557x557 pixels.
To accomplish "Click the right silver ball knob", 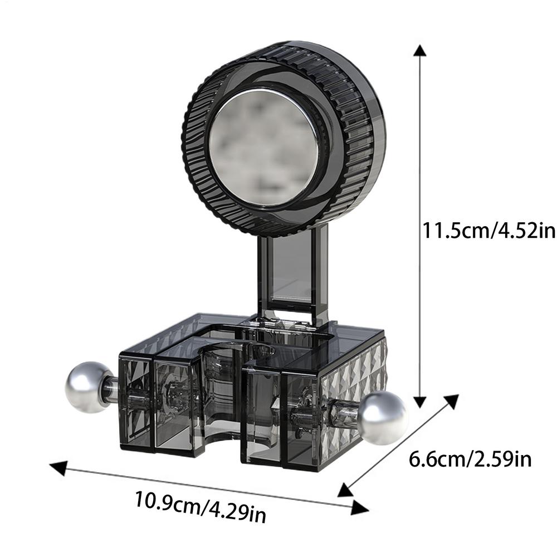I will click(x=383, y=417).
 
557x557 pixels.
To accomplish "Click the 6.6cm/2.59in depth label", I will click(x=470, y=460).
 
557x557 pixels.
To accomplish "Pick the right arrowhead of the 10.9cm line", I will click(x=360, y=507).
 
